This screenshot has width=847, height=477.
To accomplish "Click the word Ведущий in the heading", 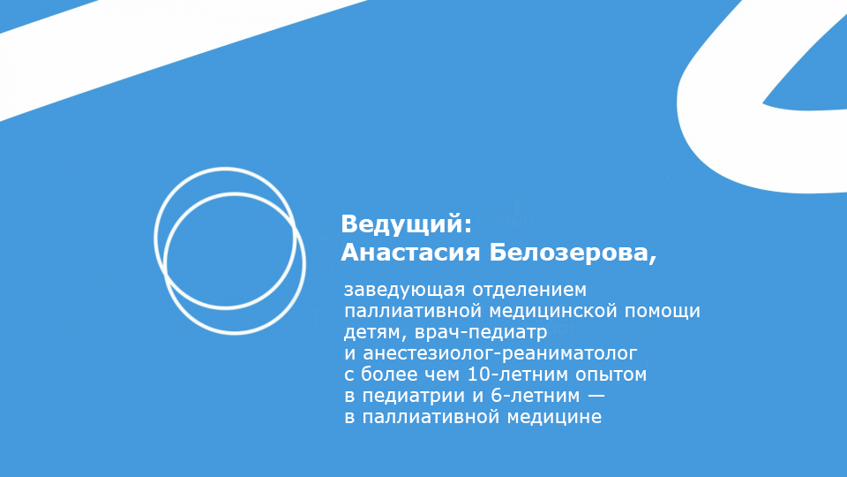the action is [x=401, y=224].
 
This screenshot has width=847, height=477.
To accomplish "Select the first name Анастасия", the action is [x=410, y=253].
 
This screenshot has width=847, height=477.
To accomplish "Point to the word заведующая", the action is [x=405, y=291].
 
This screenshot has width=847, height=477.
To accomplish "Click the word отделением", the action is [x=529, y=290].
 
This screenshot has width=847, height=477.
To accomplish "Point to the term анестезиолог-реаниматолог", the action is [x=499, y=353].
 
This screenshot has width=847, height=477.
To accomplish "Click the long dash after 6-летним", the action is [x=596, y=397].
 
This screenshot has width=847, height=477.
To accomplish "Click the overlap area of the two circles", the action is [x=230, y=251].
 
